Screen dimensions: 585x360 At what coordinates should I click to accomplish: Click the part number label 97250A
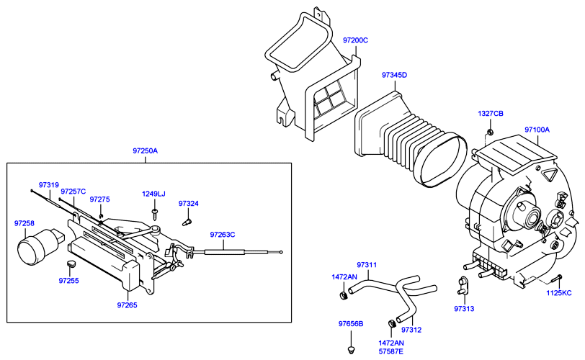145,151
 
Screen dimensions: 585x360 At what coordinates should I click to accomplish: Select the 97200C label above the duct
355,40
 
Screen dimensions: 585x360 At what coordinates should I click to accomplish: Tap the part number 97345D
394,75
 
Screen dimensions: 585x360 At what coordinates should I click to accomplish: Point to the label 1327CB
491,113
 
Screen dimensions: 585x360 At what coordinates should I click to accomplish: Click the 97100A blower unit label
537,130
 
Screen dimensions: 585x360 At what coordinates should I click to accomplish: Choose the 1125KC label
559,293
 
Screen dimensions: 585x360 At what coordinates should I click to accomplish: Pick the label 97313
464,309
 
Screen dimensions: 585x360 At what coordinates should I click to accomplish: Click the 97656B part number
351,324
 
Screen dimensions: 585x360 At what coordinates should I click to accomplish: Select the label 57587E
391,351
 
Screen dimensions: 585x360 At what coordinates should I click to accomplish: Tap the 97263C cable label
223,235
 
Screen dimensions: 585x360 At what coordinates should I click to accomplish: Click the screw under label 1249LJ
155,215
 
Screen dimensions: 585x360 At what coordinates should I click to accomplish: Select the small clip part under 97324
187,222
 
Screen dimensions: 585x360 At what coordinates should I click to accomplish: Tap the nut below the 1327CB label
491,131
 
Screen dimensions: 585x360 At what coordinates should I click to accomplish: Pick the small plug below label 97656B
351,350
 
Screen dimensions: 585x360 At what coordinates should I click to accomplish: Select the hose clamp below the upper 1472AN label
344,296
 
